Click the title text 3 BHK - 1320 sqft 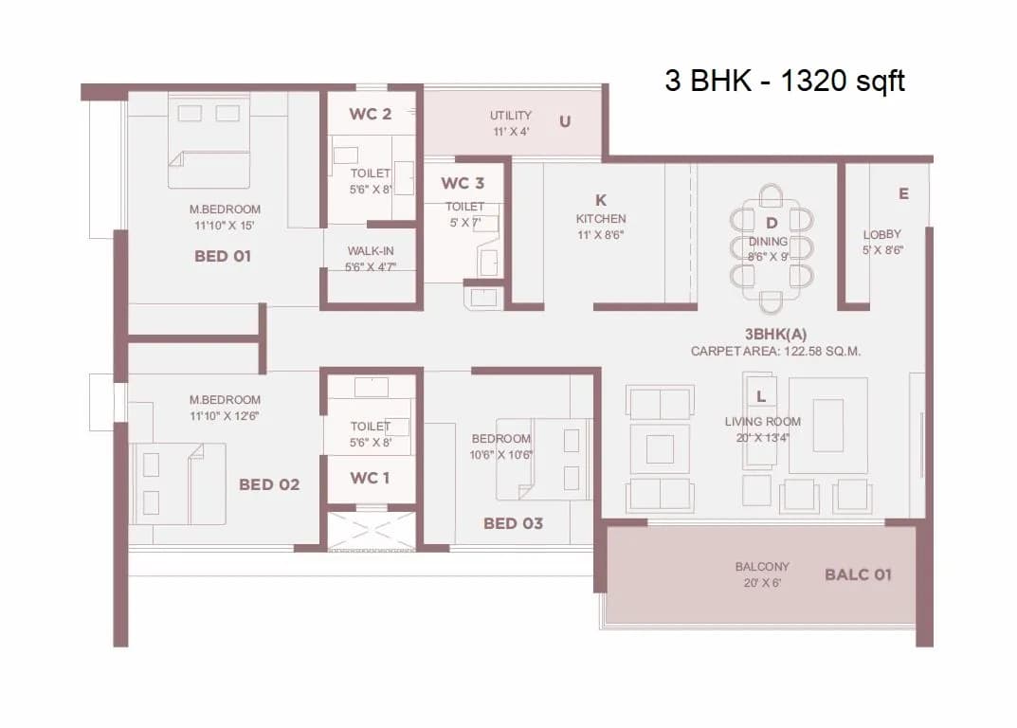[x=785, y=81]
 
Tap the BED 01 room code [x=223, y=256]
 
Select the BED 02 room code [x=269, y=484]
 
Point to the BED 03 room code [x=513, y=523]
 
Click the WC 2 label [x=370, y=115]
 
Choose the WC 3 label [x=463, y=183]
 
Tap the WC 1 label [x=370, y=478]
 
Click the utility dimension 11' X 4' [x=510, y=132]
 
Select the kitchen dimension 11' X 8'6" [x=601, y=234]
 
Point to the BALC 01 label [x=858, y=574]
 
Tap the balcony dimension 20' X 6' [x=761, y=583]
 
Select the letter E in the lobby [x=903, y=193]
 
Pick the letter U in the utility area [x=565, y=121]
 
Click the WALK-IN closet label [x=371, y=251]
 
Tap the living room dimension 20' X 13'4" [x=762, y=437]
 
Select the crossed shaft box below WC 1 [x=371, y=529]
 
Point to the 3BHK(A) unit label [x=775, y=334]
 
